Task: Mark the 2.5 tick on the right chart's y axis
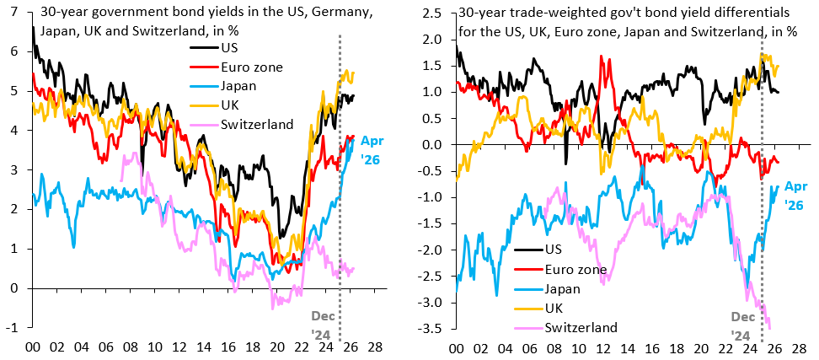coord(436,12)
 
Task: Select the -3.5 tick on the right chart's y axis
coord(433,327)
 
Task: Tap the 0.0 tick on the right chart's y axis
coord(436,144)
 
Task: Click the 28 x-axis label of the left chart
coord(375,347)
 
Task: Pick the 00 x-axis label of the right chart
coord(456,347)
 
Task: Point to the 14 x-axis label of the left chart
coord(205,347)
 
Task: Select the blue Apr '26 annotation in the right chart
coord(797,196)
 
